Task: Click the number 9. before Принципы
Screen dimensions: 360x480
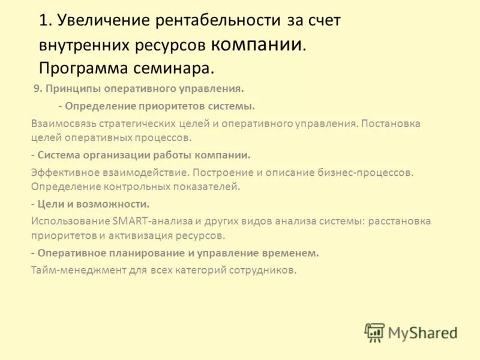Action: [x=37, y=89]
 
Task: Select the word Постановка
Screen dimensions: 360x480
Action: [x=391, y=123]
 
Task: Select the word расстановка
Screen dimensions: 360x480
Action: [x=399, y=221]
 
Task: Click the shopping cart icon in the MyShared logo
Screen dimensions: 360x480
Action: [x=374, y=332]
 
